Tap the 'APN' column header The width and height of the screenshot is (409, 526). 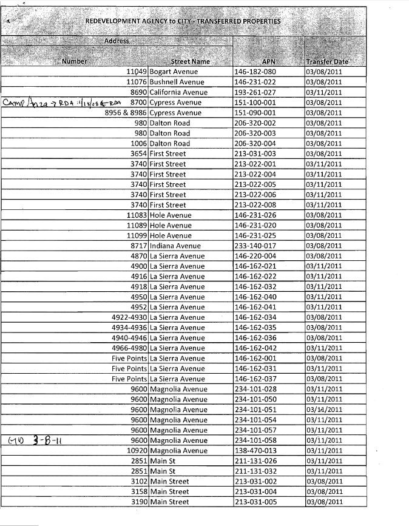tap(269, 61)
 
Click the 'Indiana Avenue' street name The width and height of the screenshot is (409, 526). tap(175, 246)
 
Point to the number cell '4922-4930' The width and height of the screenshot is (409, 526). tap(129, 317)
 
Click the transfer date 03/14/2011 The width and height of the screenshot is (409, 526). tap(324, 410)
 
